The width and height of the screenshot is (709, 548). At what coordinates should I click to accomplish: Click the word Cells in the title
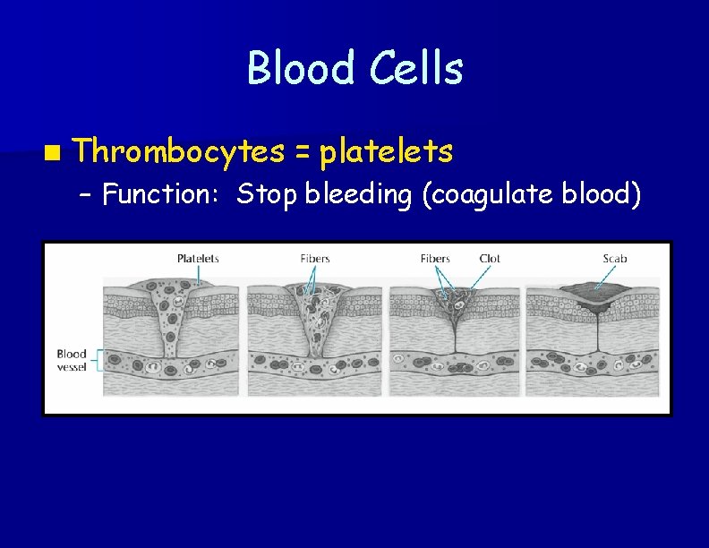tap(415, 69)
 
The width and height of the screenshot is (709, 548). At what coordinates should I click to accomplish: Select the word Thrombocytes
tap(178, 151)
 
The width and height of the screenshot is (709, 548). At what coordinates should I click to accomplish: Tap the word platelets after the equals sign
tap(386, 151)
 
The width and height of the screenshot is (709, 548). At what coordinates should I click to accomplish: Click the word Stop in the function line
tap(267, 193)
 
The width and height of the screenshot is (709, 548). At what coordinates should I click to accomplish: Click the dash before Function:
tap(85, 194)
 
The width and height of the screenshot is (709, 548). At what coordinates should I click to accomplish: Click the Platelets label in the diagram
tap(198, 259)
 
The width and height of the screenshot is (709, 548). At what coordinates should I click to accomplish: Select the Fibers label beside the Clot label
tap(435, 259)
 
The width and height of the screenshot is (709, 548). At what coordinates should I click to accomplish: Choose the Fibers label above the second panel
tap(315, 259)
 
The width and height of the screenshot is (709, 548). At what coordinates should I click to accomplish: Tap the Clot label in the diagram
tap(490, 259)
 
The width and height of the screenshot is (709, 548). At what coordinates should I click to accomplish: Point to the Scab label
tap(615, 259)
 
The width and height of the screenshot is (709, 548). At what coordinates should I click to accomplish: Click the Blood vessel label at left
tap(72, 360)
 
